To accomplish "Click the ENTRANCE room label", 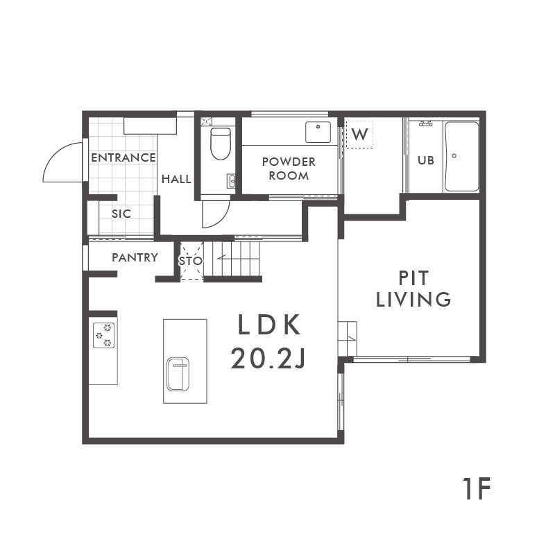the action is [123, 157].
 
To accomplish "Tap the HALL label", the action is [176, 179].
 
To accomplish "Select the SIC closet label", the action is [121, 214].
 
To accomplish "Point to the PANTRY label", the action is [135, 257].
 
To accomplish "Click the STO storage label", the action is [191, 262].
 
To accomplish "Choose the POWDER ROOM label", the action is [289, 169].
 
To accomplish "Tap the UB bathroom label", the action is [426, 160].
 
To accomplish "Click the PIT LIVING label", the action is [413, 289].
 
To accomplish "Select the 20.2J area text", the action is [268, 357].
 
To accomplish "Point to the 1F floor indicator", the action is [477, 488].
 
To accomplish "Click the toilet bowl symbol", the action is [221, 144].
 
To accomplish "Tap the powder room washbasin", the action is [318, 132].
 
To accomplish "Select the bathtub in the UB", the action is [461, 157].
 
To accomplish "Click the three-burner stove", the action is [103, 335].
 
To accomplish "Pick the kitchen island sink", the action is [178, 374].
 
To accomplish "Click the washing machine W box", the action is [359, 134].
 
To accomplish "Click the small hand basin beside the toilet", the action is [232, 181].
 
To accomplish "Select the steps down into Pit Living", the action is [348, 339].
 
